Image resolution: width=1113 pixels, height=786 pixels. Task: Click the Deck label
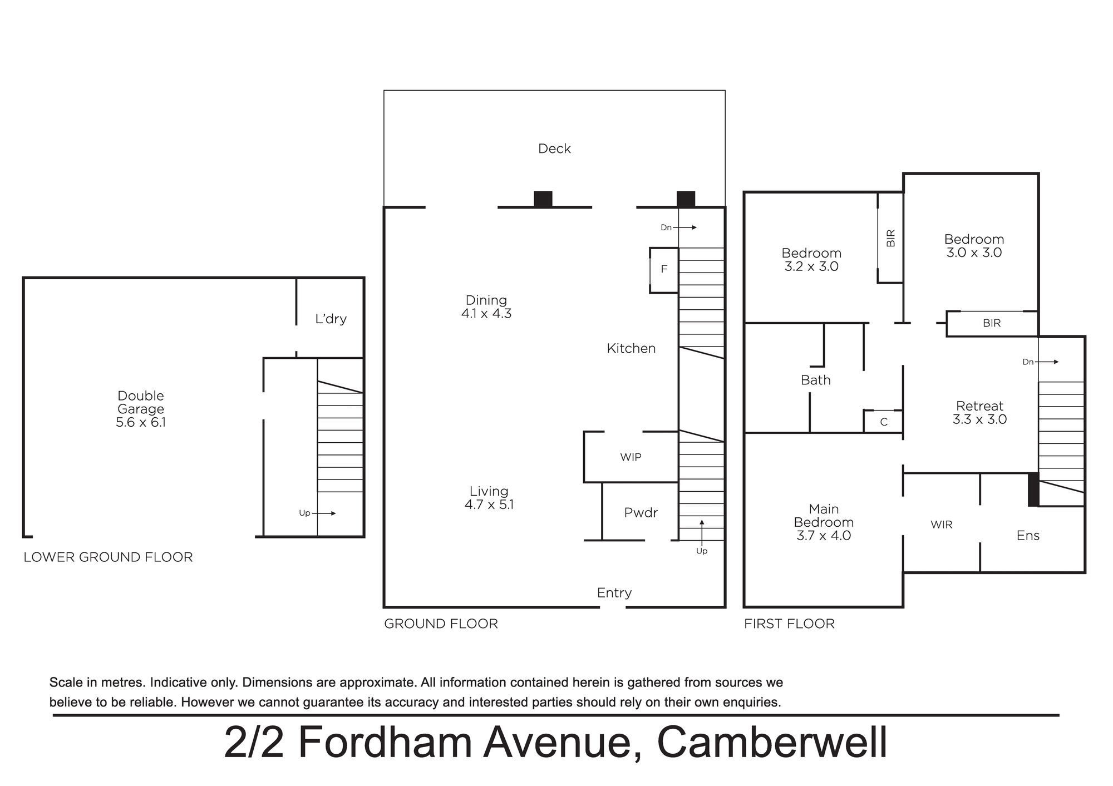pyautogui.click(x=554, y=149)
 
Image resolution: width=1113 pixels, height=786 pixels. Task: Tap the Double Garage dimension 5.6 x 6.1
pyautogui.click(x=141, y=422)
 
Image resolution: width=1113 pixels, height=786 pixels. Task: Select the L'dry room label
pyautogui.click(x=331, y=319)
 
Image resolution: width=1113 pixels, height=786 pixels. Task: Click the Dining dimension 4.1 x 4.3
pyautogui.click(x=486, y=314)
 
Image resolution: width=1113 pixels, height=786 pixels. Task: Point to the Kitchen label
pyautogui.click(x=631, y=348)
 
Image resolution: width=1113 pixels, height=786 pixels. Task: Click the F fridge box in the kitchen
pyautogui.click(x=664, y=270)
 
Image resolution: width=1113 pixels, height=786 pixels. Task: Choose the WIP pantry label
pyautogui.click(x=631, y=457)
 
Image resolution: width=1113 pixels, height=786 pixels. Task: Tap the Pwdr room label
pyautogui.click(x=641, y=513)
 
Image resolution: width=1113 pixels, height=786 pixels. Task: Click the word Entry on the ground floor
pyautogui.click(x=614, y=593)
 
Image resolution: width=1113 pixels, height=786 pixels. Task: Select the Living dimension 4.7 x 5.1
pyautogui.click(x=489, y=505)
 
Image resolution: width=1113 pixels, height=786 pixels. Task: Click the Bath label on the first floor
pyautogui.click(x=815, y=380)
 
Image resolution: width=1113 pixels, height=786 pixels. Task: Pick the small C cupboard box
pyautogui.click(x=883, y=421)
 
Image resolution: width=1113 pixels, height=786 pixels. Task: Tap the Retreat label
pyautogui.click(x=979, y=406)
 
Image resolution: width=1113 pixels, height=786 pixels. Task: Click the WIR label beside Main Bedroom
pyautogui.click(x=941, y=525)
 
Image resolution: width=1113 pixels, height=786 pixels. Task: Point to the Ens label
pyautogui.click(x=1028, y=535)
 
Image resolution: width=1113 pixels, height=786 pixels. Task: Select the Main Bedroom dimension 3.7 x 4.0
pyautogui.click(x=824, y=536)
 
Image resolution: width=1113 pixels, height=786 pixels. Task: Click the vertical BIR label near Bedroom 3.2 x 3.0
pyautogui.click(x=890, y=238)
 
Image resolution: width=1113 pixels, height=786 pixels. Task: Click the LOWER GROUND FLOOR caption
pyautogui.click(x=108, y=557)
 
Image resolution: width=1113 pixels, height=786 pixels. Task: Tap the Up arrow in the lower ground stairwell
pyautogui.click(x=325, y=513)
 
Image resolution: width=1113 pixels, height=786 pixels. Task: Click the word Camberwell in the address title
pyautogui.click(x=772, y=742)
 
